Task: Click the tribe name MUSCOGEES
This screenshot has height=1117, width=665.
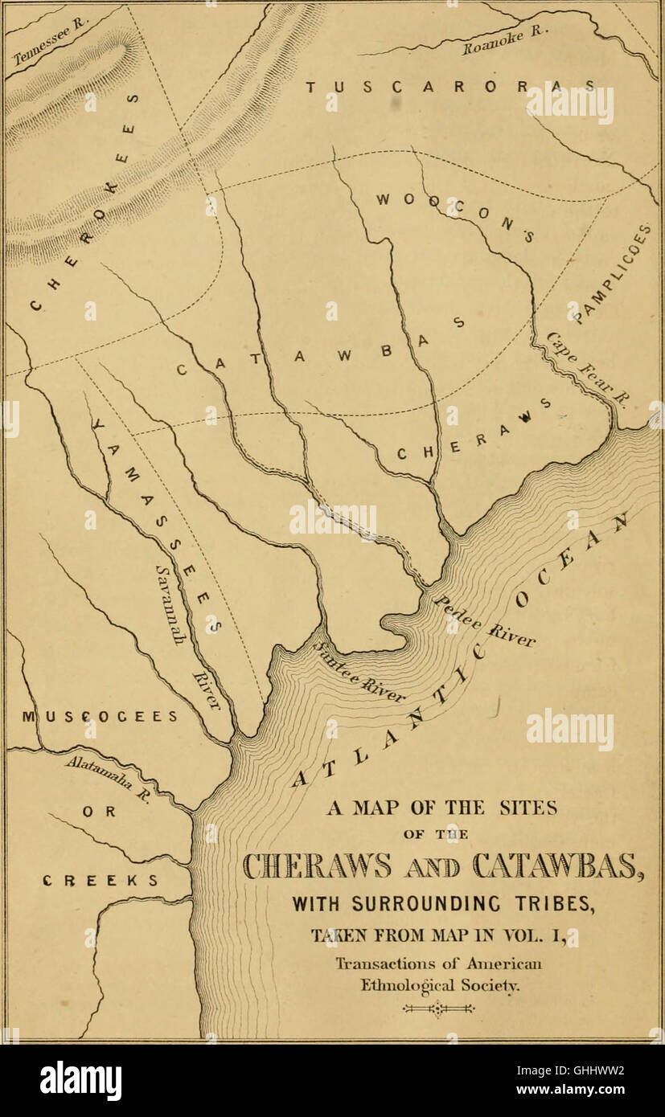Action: point(100,716)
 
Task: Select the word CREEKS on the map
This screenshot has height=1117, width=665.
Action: point(100,880)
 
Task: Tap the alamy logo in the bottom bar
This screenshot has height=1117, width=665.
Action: point(80,1080)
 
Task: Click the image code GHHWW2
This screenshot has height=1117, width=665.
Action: point(589,1070)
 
